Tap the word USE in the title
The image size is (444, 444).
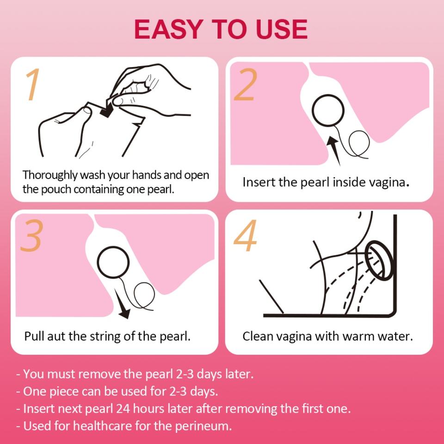[282, 29]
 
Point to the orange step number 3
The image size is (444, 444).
[32, 235]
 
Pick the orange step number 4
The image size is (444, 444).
[245, 235]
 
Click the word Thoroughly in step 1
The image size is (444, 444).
[50, 176]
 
